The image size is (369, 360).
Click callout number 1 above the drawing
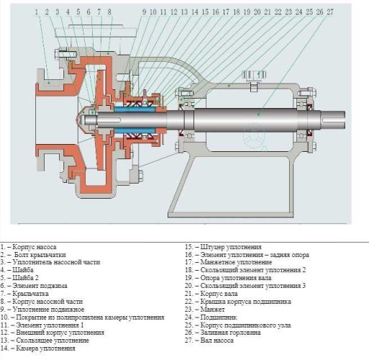[35, 12]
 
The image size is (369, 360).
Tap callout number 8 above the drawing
[109, 12]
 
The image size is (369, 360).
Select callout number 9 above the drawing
[144, 12]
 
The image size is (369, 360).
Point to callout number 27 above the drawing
[329, 12]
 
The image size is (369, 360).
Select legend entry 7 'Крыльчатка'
[29, 294]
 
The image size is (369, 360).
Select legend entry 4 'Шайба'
[22, 270]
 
